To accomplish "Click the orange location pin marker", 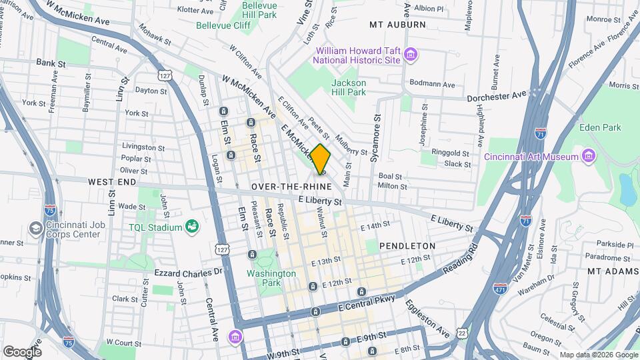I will click(321, 159).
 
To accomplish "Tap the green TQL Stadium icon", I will click(192, 227).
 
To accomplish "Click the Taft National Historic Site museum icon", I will click(410, 55).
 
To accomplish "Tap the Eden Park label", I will click(599, 127).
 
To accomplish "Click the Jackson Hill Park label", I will click(349, 87).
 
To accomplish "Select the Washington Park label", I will click(271, 278).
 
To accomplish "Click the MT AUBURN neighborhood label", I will click(397, 25).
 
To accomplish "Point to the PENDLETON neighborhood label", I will click(407, 246).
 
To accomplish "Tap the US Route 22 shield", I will click(462, 333).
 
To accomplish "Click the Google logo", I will click(22, 351).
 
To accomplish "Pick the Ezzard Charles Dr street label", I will click(187, 272).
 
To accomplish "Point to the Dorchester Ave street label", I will click(497, 96).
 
